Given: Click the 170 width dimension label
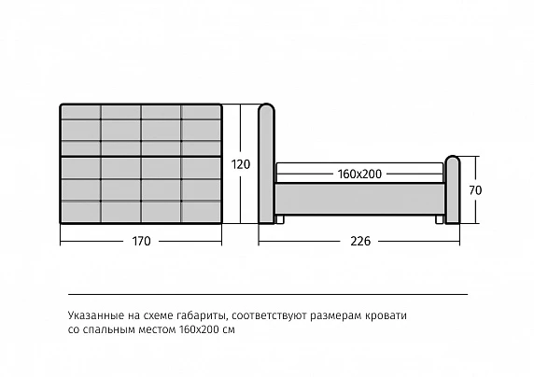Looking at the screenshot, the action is pos(141,241).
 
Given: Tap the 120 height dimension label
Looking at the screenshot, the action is pos(241,164).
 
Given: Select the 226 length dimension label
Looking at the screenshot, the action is pos(360,241).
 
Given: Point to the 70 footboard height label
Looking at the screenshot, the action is pos(475,190).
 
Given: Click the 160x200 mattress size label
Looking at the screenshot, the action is pos(360,174).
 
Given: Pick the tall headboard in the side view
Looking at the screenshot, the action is pos(266,163).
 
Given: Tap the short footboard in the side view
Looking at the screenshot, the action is pos(453,189).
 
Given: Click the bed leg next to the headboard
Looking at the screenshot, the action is pos(279,219).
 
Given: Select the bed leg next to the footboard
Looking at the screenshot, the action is pos(440,219).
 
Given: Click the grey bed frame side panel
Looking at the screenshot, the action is pos(360,199).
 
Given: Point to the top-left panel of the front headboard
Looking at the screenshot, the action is pos(81,112).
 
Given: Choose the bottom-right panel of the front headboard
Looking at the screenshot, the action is pos(202,212).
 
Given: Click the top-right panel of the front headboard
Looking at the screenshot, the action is pos(202,112).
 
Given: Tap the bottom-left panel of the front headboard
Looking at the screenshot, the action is pos(81,212).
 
